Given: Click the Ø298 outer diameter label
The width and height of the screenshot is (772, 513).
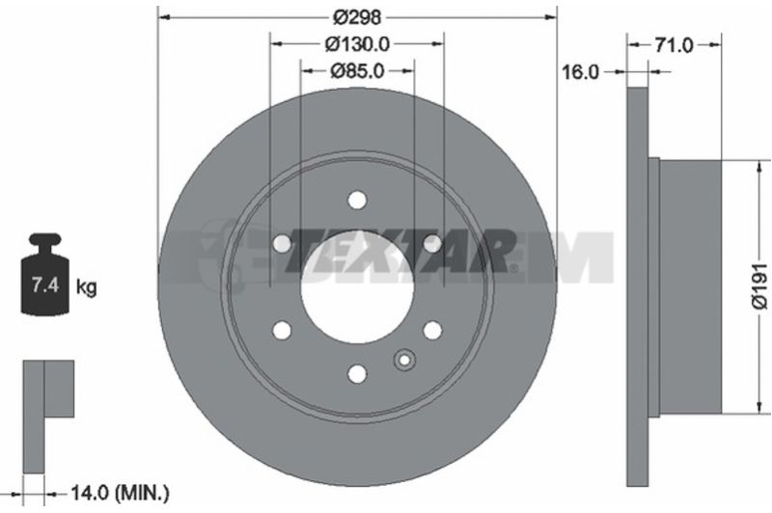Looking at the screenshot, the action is coord(357,17).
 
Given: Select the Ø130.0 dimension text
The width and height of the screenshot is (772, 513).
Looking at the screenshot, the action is coord(357,44).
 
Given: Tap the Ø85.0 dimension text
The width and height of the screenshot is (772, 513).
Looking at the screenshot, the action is coord(357,71).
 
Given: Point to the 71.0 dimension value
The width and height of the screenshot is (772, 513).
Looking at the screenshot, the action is coord(674,45).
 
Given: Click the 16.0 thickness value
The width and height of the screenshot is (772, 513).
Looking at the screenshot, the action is coord(581,72).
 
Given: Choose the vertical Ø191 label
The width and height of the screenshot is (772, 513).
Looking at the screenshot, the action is coord(760,286).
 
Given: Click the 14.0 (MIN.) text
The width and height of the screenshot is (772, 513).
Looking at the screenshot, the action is coord(120,493).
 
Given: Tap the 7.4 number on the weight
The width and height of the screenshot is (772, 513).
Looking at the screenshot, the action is coord(45,284).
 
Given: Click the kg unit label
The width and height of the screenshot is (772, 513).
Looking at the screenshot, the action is coord(87,286).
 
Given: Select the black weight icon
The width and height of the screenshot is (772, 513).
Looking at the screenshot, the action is coord(44,274).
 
